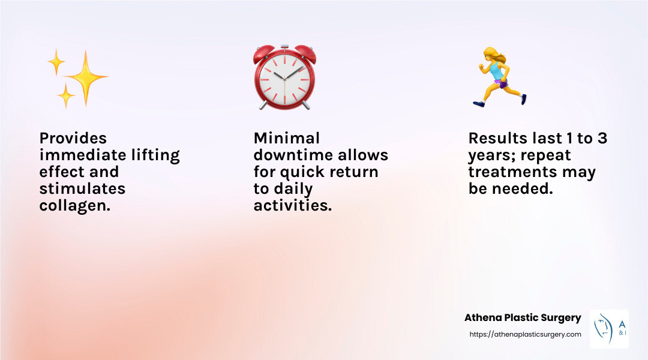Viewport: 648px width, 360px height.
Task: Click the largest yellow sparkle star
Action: [86, 77]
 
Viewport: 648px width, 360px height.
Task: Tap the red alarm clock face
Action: [284, 79]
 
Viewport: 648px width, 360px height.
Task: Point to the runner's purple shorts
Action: [501, 85]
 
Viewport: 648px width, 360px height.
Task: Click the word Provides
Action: [73, 138]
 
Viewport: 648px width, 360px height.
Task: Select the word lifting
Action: [155, 155]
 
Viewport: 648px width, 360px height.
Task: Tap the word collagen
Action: [75, 205]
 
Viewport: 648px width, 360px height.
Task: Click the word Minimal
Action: [287, 138]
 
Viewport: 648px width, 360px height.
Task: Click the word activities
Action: [293, 205]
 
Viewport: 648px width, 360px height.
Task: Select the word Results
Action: [498, 138]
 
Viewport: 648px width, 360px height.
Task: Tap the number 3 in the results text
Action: [602, 138]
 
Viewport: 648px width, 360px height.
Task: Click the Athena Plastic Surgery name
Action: [523, 318]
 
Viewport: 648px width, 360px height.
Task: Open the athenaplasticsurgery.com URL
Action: [525, 334]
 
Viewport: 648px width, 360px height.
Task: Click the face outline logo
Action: [604, 329]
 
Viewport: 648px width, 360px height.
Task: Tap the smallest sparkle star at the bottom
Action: [66, 96]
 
